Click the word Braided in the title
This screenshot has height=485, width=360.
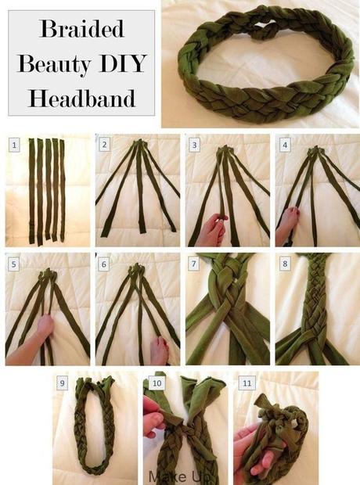81,30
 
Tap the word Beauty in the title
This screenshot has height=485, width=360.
55,64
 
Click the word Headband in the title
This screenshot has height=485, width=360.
82,98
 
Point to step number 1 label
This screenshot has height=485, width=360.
14,145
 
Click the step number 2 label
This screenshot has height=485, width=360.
104,145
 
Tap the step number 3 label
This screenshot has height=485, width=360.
194,145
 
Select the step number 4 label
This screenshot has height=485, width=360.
285,145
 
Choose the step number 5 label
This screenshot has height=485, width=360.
14,264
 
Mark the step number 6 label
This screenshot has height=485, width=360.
104,264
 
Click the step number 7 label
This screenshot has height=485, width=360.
194,264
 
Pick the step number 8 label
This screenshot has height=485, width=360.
285,264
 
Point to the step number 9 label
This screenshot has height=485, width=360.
63,383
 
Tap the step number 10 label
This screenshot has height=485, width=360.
157,383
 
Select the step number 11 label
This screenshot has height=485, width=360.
247,383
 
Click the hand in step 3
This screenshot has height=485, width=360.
214,229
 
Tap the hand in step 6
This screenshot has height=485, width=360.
160,350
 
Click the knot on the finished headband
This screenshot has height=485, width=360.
261,34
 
